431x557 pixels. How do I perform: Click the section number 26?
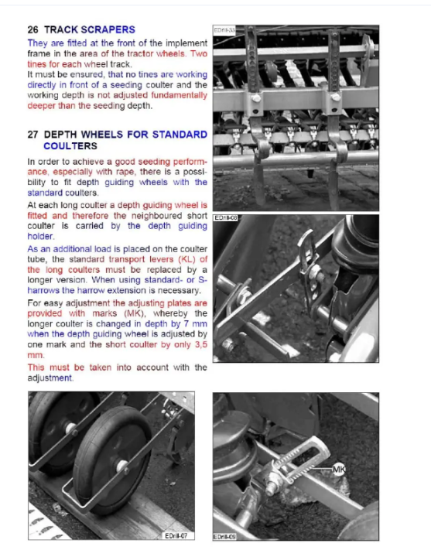(32, 29)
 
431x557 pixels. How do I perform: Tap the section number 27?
(32, 135)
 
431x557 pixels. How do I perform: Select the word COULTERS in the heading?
(70, 146)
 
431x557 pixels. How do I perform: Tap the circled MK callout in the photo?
(338, 470)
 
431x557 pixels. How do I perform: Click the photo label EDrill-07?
(176, 535)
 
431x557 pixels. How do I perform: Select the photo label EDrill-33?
(224, 30)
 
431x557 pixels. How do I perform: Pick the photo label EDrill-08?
(226, 217)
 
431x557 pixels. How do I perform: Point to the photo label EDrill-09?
(224, 537)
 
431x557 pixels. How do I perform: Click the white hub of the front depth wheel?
(122, 466)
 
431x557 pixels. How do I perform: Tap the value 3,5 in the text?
(200, 344)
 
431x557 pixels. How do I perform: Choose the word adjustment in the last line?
(50, 378)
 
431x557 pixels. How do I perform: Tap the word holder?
(41, 236)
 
